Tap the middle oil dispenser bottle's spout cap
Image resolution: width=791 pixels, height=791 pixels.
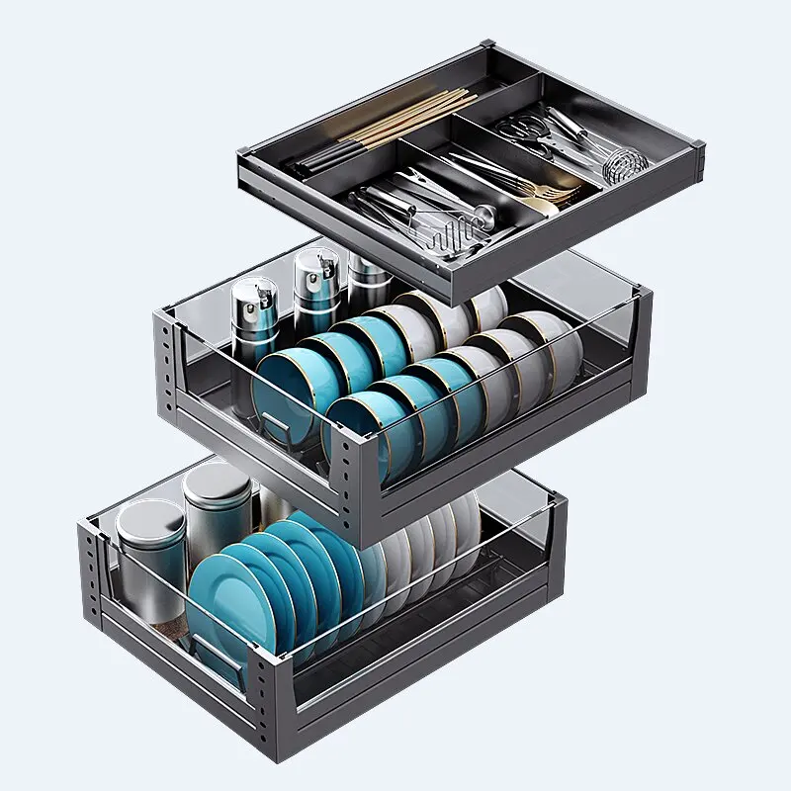coord(309,265)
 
